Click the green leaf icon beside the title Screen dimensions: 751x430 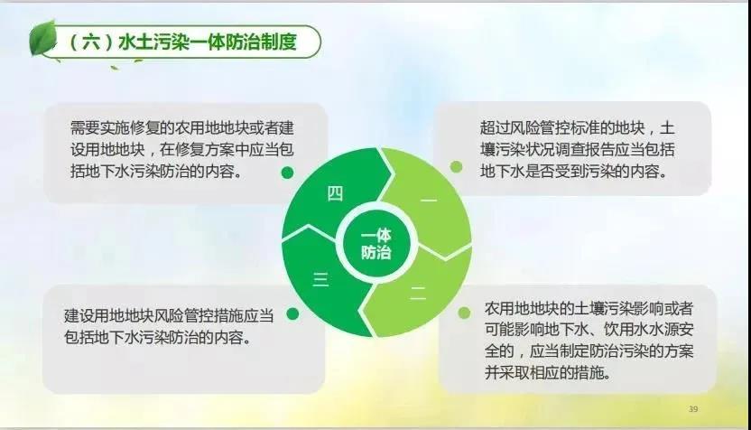tap(43, 38)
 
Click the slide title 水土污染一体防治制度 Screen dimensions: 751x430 tap(208, 42)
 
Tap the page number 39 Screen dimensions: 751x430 tap(693, 409)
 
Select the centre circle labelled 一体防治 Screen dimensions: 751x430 tap(376, 243)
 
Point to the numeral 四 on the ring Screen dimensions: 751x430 tap(335, 193)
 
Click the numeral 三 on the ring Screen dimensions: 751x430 tap(320, 279)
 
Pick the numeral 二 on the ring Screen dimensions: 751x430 tap(418, 293)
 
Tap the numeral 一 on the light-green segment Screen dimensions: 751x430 tap(428, 200)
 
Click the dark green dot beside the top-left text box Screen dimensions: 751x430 tap(287, 173)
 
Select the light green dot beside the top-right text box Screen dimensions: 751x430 tap(457, 167)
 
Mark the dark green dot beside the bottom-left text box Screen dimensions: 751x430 tap(292, 314)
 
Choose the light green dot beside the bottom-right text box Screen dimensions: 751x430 tap(464, 313)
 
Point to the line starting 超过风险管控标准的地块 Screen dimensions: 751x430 tap(578, 128)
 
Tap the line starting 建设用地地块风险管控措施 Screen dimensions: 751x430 tap(169, 315)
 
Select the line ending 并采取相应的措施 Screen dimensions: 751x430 tap(548, 372)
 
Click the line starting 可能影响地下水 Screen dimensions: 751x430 tap(589, 330)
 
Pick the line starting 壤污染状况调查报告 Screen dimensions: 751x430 tap(578, 150)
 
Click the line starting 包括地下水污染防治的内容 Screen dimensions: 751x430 tap(158, 337)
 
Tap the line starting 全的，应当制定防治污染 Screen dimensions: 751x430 tap(589, 351)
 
